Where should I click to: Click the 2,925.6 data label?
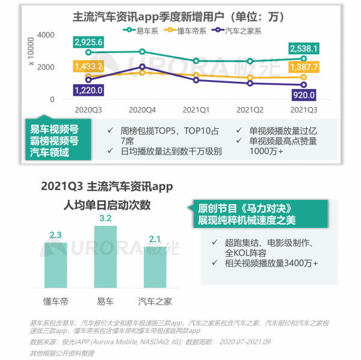pyautogui.click(x=88, y=42)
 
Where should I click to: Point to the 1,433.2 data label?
pyautogui.click(x=88, y=66)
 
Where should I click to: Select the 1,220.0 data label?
pyautogui.click(x=88, y=90)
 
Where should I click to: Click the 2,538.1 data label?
pyautogui.click(x=304, y=48)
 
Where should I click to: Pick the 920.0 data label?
pyautogui.click(x=304, y=95)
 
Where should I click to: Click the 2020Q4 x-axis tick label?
pyautogui.click(x=142, y=110)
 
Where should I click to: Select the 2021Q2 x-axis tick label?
pyautogui.click(x=250, y=110)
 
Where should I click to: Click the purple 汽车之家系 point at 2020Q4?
pyautogui.click(x=142, y=67)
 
